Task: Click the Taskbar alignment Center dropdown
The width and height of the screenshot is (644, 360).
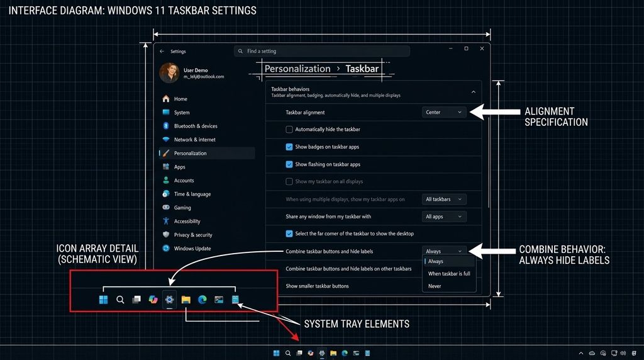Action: [444, 112]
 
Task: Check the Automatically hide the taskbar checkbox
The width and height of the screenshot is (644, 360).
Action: [289, 130]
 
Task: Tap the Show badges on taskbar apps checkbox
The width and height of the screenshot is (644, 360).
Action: [289, 147]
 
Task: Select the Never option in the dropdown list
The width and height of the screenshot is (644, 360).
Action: [435, 286]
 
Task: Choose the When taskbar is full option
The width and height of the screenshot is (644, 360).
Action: [449, 274]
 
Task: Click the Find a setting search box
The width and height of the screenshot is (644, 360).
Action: [322, 51]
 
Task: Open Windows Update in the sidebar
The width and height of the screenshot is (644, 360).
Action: [192, 249]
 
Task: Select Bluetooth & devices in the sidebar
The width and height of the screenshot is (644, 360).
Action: [195, 126]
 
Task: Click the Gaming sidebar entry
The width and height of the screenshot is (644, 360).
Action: [182, 208]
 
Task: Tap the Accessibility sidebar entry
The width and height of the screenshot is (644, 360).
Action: [187, 222]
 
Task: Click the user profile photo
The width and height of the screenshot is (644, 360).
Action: [169, 73]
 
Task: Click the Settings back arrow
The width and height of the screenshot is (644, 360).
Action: [162, 52]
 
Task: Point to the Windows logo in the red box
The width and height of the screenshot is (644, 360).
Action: [103, 300]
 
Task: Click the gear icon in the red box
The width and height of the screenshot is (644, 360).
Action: [169, 300]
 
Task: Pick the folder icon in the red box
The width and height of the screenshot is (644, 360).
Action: [186, 300]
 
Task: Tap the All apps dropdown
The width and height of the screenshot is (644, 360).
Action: [444, 217]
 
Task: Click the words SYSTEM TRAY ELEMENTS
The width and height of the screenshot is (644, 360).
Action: [357, 324]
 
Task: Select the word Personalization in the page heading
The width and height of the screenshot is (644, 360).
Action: [297, 69]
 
